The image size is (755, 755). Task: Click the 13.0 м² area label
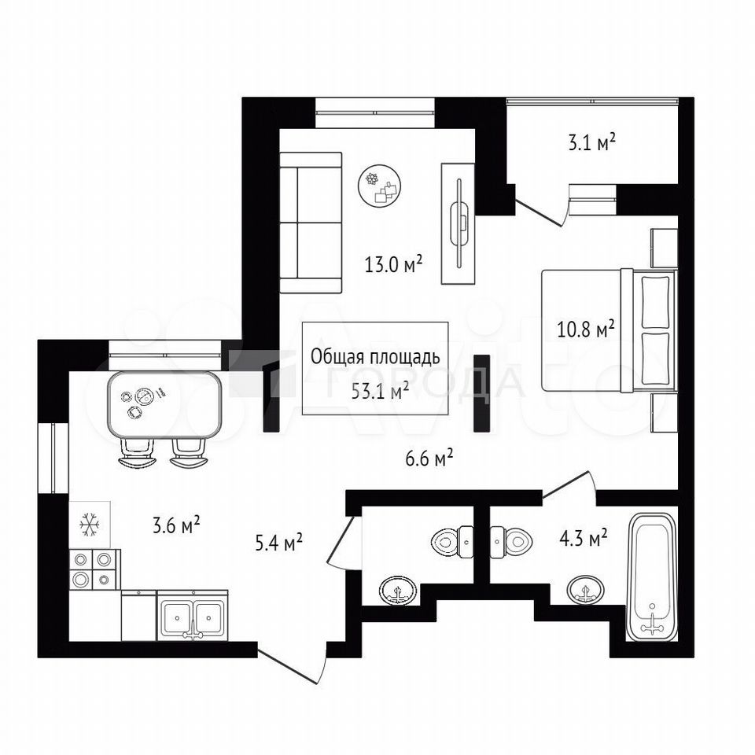393,264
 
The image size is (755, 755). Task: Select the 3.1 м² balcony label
591,142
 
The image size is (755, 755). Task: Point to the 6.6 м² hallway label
429,458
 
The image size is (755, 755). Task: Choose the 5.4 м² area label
278,543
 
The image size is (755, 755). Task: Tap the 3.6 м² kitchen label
175,525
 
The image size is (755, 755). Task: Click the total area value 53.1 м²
380,391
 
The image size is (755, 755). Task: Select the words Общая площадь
375,357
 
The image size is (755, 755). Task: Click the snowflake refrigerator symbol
90,525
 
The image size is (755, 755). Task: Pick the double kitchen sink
193,615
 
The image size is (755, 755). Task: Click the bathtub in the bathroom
651,576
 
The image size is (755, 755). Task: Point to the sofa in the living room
311,223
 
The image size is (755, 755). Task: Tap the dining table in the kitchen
165,404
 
